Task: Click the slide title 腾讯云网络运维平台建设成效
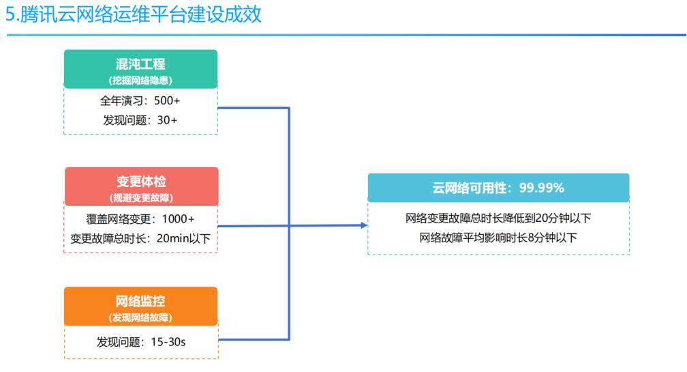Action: point(140,14)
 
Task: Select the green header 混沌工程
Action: point(140,64)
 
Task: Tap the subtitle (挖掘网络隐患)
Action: point(140,81)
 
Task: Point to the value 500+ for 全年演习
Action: point(167,100)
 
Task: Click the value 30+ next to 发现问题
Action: point(168,119)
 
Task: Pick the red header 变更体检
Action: point(141,181)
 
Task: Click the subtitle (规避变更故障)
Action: point(141,198)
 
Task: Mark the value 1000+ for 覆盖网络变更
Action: point(178,218)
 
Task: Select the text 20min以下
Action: point(183,238)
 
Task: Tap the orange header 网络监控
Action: point(140,301)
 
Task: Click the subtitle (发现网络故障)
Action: point(140,317)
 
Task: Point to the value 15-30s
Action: point(168,342)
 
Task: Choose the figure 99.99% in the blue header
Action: point(542,188)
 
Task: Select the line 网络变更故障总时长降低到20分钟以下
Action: point(498,218)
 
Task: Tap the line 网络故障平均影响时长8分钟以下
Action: point(498,238)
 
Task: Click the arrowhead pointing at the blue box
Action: point(364,225)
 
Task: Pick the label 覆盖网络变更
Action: point(119,218)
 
